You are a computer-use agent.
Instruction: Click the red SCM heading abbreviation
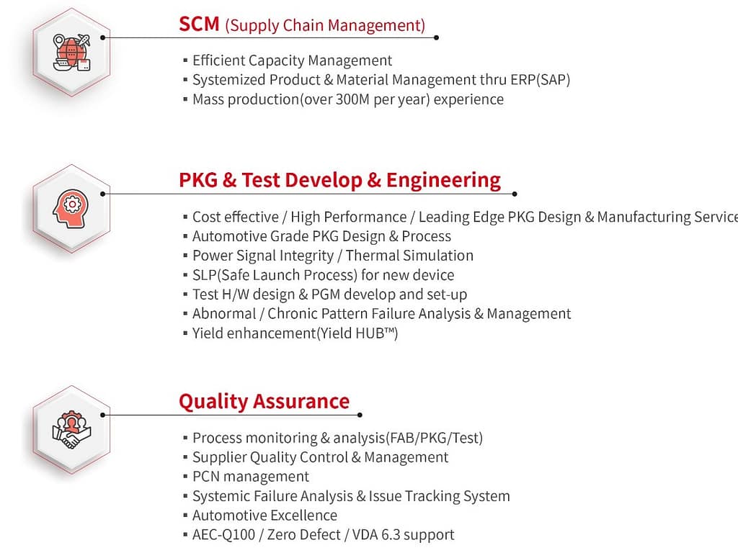(x=199, y=24)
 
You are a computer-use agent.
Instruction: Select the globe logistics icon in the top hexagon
(x=71, y=51)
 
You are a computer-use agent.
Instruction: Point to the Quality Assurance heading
(x=264, y=401)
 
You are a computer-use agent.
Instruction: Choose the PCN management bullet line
(x=250, y=477)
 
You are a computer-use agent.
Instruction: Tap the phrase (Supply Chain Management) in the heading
(x=325, y=26)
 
